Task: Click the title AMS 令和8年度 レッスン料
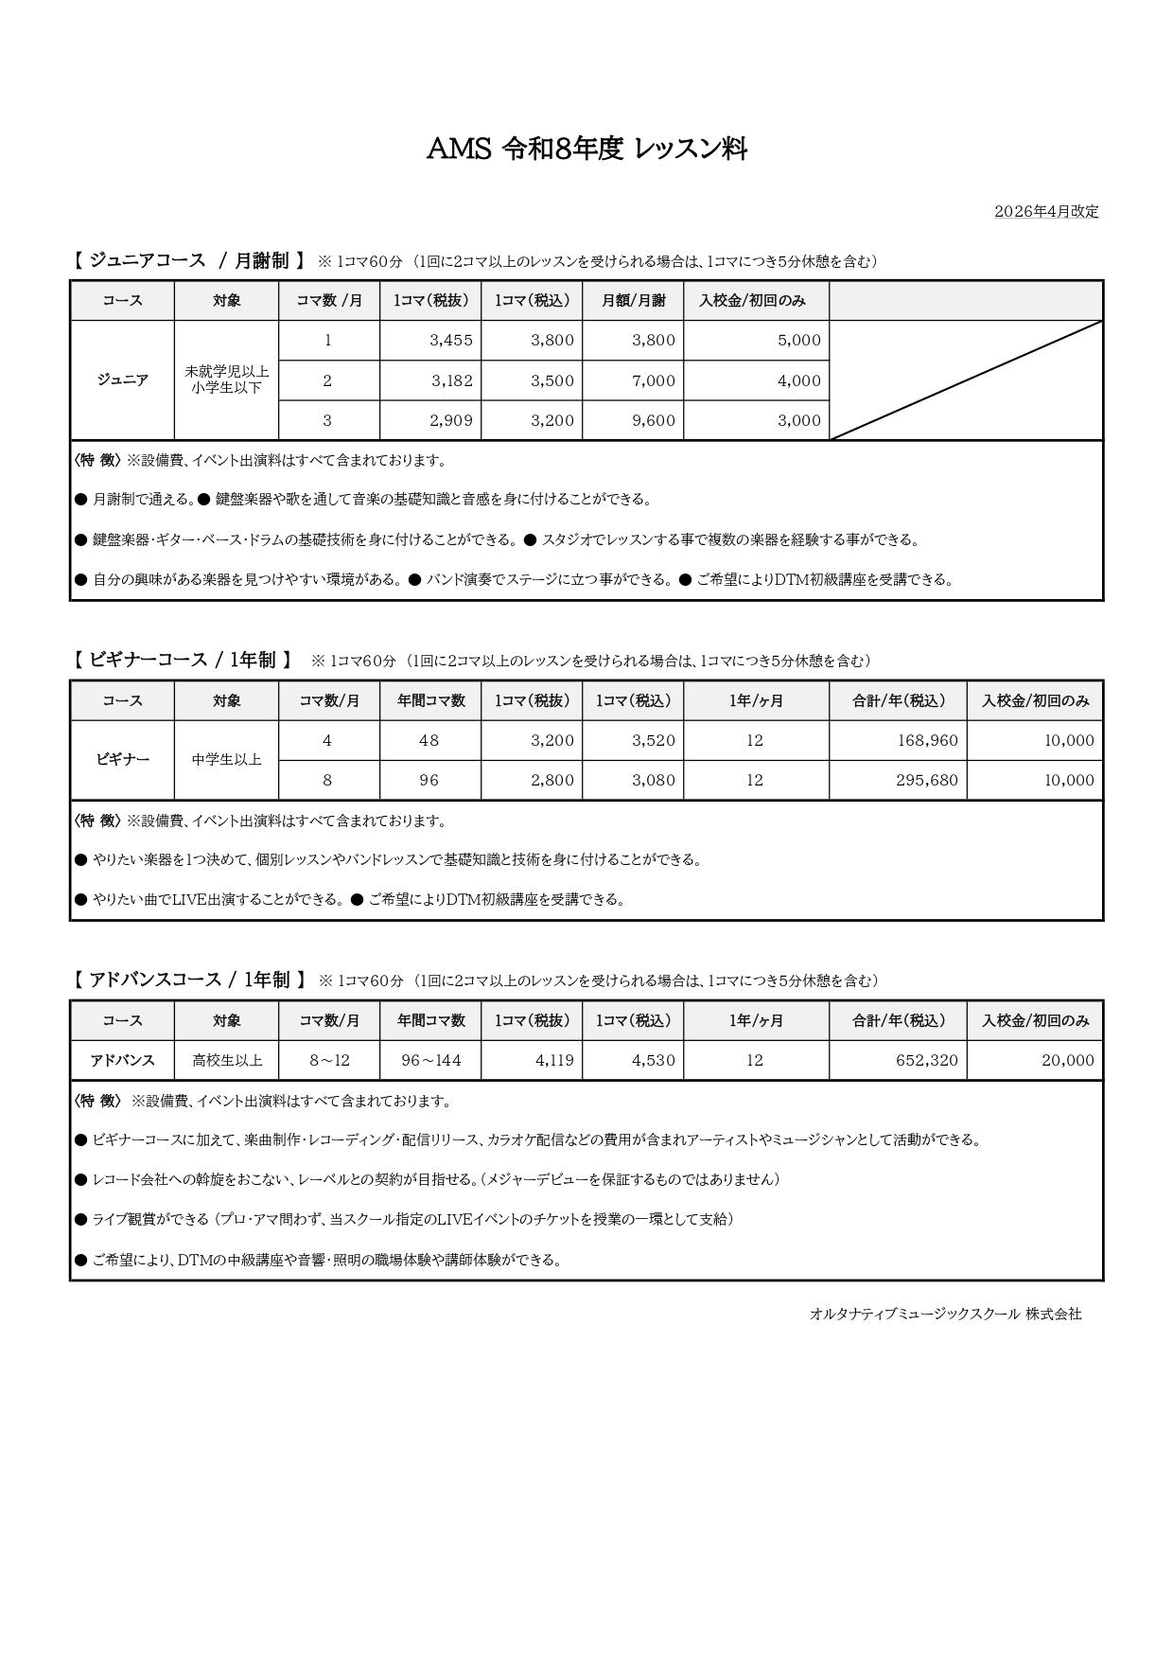pyautogui.click(x=586, y=149)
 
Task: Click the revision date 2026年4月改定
pyautogui.click(x=1046, y=212)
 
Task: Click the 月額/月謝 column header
pyautogui.click(x=633, y=301)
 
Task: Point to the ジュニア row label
pyautogui.click(x=123, y=380)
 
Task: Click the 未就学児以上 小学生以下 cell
pyautogui.click(x=227, y=380)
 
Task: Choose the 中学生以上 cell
pyautogui.click(x=227, y=760)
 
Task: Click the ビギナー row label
pyautogui.click(x=123, y=760)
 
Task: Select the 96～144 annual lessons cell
pyautogui.click(x=430, y=1060)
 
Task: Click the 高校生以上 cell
pyautogui.click(x=227, y=1060)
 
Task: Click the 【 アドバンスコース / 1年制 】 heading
pyautogui.click(x=189, y=980)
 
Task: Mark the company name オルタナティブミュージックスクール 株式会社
pyautogui.click(x=945, y=1314)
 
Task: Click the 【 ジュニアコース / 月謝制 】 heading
pyautogui.click(x=189, y=261)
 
